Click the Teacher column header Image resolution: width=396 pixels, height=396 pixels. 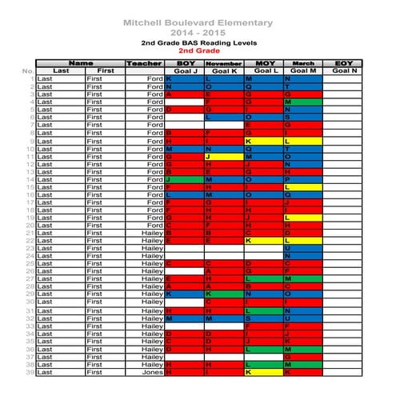pyautogui.click(x=144, y=63)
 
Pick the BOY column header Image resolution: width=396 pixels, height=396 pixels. pyautogui.click(x=184, y=63)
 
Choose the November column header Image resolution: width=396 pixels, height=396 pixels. pyautogui.click(x=223, y=63)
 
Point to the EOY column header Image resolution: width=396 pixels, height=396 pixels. pyautogui.click(x=343, y=63)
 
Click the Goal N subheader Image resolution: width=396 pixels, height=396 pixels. pyautogui.click(x=343, y=71)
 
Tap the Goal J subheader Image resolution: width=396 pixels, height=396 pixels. pyautogui.click(x=184, y=71)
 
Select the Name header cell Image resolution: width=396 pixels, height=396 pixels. pyautogui.click(x=80, y=63)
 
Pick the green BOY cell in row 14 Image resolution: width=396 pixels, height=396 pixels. pyautogui.click(x=184, y=179)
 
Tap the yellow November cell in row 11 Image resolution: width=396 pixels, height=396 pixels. pyautogui.click(x=223, y=156)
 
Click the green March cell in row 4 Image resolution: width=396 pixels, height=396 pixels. pyautogui.click(x=303, y=102)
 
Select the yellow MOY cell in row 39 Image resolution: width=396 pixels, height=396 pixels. pyautogui.click(x=263, y=372)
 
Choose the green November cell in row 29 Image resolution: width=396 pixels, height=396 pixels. pyautogui.click(x=223, y=294)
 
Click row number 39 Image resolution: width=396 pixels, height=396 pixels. pyautogui.click(x=30, y=372)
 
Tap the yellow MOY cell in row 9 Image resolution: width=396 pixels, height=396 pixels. pyautogui.click(x=263, y=141)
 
